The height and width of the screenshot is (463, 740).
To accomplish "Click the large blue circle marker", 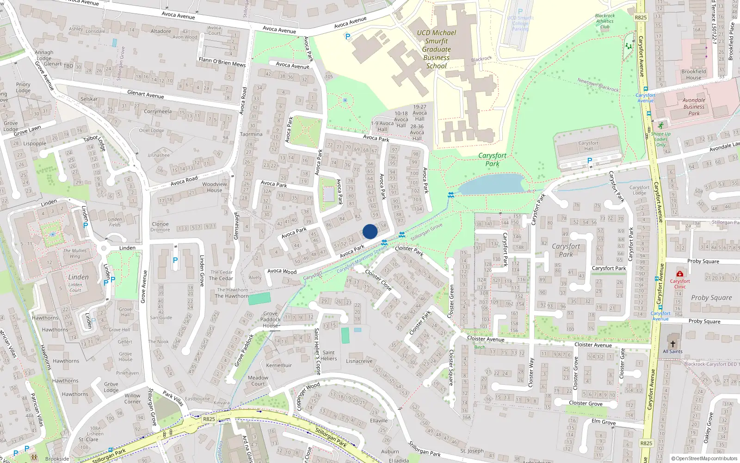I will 370,231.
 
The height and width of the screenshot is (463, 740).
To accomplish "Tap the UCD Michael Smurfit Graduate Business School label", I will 436,49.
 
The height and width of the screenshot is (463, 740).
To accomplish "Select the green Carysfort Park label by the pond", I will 492,159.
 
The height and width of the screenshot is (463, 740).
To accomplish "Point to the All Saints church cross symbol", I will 672,344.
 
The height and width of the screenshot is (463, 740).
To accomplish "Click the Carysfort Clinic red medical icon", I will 679,274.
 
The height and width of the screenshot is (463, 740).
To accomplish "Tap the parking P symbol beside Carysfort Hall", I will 589,161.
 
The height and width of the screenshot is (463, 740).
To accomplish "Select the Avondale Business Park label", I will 694,106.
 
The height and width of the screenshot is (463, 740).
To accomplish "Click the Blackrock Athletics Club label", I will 604,21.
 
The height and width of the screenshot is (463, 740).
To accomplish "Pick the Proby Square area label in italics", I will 711,298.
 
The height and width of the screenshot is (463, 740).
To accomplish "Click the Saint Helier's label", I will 328,356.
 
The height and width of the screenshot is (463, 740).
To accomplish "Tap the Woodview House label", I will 215,187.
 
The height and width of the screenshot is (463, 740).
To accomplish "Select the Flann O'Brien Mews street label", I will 222,62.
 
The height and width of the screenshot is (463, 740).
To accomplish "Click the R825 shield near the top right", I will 641,18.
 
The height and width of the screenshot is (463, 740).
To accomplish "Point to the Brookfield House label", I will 693,75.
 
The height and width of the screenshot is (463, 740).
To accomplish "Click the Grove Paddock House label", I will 271,319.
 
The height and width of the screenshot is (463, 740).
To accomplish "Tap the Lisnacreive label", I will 359,361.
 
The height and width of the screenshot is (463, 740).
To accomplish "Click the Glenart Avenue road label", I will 145,94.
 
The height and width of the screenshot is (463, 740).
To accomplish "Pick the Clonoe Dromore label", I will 160,227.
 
